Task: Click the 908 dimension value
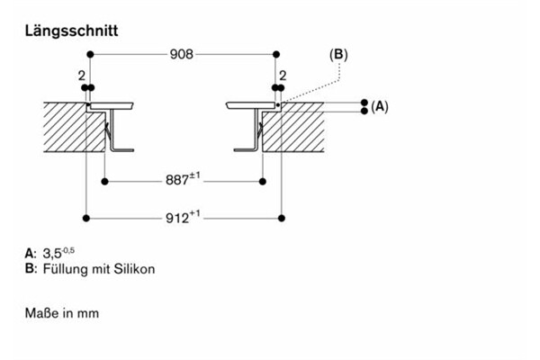click(183, 55)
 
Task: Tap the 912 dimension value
click(182, 217)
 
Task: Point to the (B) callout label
click(338, 55)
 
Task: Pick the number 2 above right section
click(283, 75)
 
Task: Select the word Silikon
click(137, 269)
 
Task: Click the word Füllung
click(66, 269)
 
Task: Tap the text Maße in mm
click(62, 314)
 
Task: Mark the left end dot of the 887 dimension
click(105, 181)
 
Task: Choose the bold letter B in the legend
click(31, 269)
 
